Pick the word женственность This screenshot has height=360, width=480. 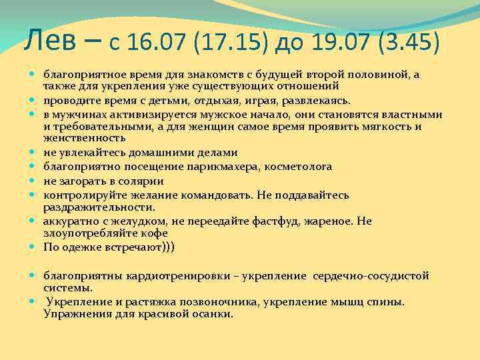coord(84,138)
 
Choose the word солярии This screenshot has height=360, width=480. coord(145,181)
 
